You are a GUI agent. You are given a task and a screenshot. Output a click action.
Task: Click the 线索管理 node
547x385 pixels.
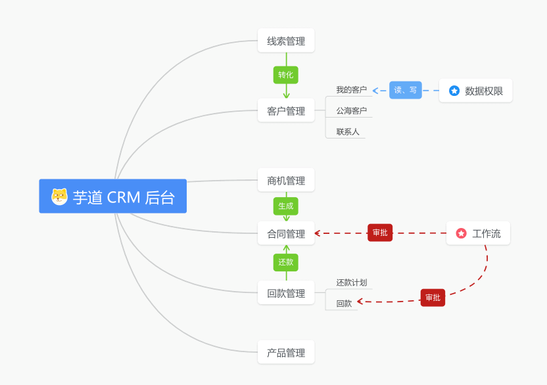286,41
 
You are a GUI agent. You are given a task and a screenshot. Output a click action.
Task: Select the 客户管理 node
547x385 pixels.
286,111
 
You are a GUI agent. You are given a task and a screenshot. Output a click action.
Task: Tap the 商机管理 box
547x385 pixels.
286,181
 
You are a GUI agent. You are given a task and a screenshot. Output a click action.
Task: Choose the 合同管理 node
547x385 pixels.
286,233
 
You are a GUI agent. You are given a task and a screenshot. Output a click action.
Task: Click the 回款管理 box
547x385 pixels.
286,293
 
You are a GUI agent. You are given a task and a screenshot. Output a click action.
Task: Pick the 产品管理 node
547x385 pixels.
286,353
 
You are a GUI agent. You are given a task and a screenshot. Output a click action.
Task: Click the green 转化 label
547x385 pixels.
286,75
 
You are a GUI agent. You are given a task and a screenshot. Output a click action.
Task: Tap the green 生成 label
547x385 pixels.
286,206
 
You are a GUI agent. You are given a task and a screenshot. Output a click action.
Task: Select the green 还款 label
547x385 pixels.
286,262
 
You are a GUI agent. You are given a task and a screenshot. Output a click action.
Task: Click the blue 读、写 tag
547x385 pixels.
406,90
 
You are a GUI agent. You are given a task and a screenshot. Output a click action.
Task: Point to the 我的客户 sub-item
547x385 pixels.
351,90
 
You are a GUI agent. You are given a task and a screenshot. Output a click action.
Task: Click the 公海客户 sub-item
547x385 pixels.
351,111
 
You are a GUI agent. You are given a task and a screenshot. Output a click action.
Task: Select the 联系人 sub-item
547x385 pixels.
348,132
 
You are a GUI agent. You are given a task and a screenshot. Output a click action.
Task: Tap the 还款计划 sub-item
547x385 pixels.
351,283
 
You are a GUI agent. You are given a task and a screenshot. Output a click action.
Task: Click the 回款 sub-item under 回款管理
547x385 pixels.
344,304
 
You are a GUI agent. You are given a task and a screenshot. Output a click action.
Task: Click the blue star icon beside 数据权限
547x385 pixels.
454,91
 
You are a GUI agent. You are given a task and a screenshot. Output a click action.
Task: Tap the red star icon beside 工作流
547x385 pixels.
462,233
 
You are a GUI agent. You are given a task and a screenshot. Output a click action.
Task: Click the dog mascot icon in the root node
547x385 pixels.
60,196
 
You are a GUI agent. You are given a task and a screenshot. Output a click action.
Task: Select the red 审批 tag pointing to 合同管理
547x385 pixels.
380,233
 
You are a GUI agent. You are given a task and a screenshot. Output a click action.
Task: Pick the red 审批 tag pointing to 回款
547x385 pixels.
433,298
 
